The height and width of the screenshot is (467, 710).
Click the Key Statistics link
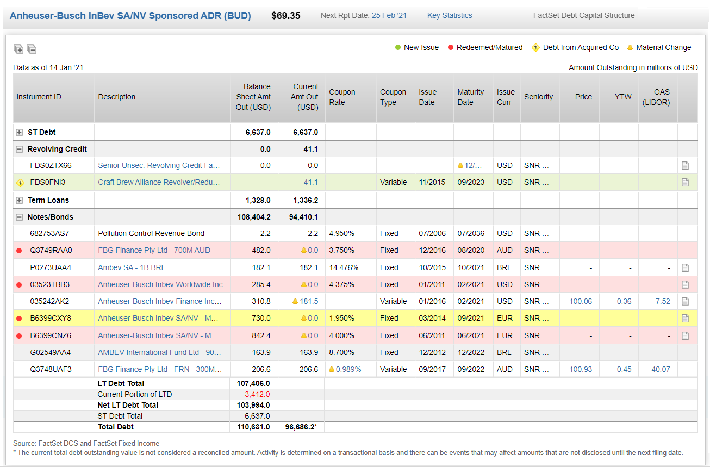tap(450, 15)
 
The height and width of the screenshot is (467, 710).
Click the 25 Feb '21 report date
tap(389, 15)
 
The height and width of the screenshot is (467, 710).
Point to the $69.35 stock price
tap(285, 15)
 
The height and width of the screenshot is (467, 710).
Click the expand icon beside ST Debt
tap(20, 132)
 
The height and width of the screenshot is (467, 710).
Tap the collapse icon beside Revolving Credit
tap(20, 149)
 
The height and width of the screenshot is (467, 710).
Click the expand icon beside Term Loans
tap(20, 200)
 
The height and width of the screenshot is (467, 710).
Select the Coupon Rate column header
tap(342, 97)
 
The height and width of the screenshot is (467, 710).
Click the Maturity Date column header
tap(470, 97)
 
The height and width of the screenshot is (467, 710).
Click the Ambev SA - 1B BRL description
tap(132, 267)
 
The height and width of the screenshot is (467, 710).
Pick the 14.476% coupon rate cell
tap(342, 267)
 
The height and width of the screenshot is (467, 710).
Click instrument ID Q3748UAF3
tap(51, 369)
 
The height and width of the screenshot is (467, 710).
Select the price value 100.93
tap(581, 369)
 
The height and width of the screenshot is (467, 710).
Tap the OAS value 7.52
tap(663, 301)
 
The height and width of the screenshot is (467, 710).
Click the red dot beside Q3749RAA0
tap(20, 251)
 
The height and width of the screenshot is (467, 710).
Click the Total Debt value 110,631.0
tap(253, 427)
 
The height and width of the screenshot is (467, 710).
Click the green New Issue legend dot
tap(398, 47)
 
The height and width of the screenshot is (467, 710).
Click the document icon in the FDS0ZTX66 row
tap(686, 166)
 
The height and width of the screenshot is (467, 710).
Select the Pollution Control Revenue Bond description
tap(151, 233)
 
